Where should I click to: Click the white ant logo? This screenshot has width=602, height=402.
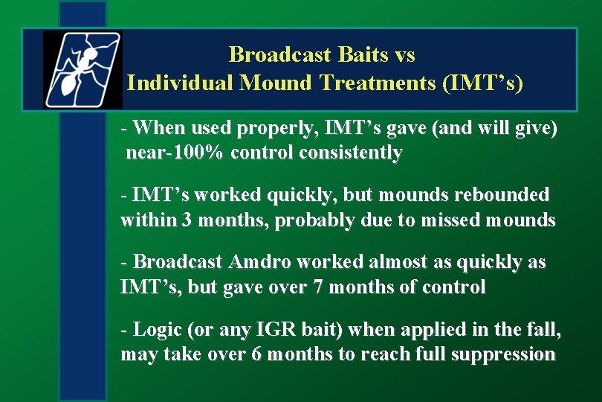[82, 70]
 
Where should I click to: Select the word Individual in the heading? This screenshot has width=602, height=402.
[179, 83]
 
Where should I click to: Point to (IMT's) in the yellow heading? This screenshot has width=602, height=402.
[482, 83]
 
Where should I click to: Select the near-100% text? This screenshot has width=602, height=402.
[175, 153]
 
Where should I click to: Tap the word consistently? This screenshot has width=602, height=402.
[351, 153]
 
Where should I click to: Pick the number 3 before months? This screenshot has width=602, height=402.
[187, 220]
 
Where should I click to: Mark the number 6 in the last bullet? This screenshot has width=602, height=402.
[256, 354]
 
